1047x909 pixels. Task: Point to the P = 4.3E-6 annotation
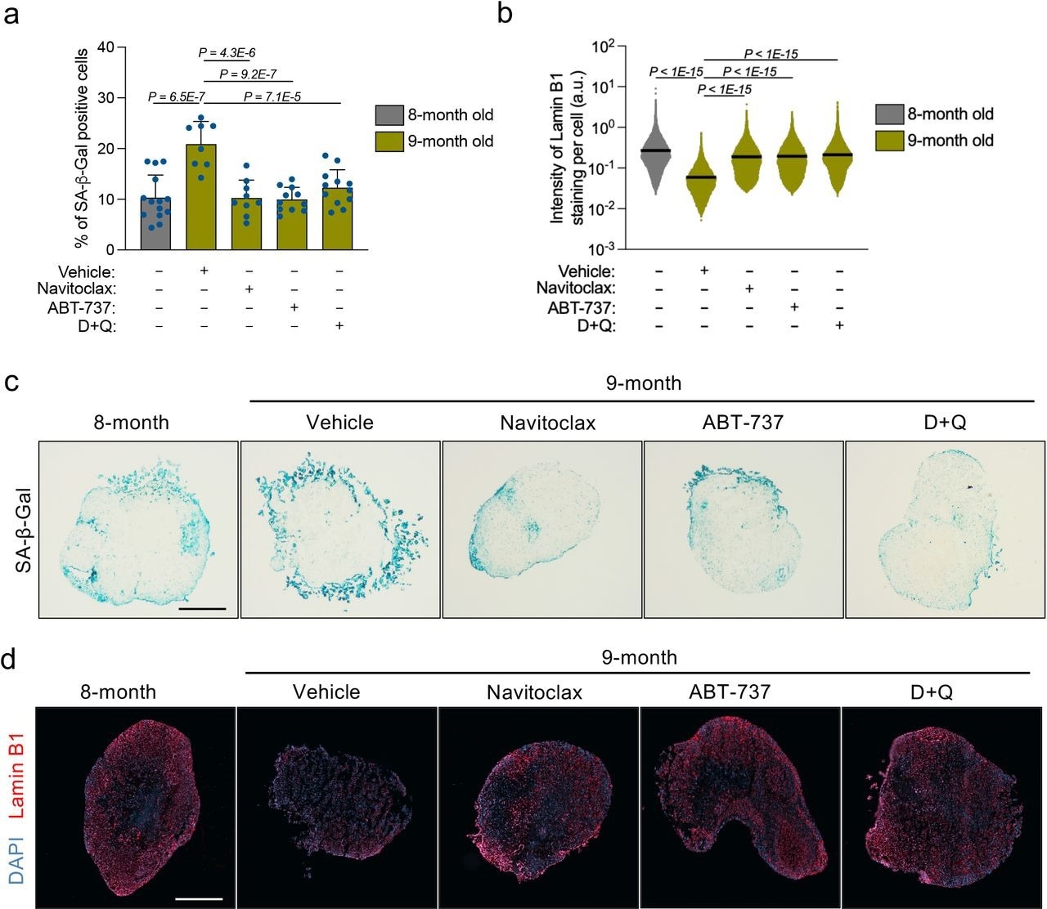pos(227,52)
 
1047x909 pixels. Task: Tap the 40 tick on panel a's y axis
pos(106,47)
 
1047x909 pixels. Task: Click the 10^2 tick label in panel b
pos(603,46)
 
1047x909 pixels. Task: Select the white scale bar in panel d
pos(198,898)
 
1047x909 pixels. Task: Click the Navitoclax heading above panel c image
pos(548,423)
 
